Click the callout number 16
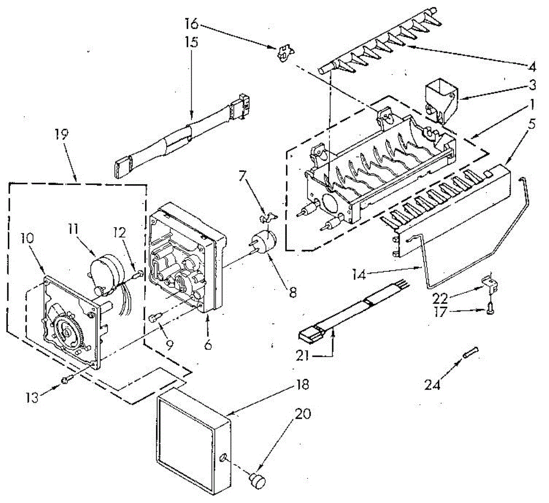pyautogui.click(x=193, y=22)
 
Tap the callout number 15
pyautogui.click(x=192, y=42)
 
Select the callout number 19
pyautogui.click(x=61, y=134)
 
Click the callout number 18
pyautogui.click(x=303, y=385)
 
